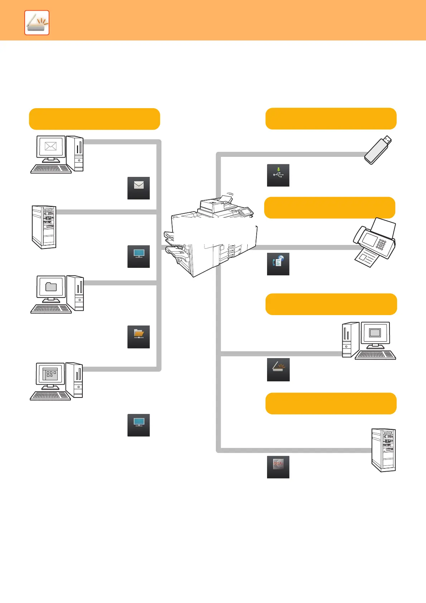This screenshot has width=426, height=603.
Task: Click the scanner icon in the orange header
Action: tap(37, 23)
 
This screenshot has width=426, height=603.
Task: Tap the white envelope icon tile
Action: tap(139, 188)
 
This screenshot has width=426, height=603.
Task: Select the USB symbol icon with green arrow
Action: tap(278, 175)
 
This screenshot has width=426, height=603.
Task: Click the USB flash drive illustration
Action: tap(378, 150)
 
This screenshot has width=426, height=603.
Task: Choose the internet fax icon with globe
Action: tap(278, 264)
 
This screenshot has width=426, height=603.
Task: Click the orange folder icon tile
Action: tap(139, 337)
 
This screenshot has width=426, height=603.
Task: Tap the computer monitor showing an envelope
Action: tap(51, 147)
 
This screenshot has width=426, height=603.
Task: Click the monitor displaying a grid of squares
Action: tap(50, 374)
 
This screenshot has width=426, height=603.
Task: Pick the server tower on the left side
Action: tap(44, 227)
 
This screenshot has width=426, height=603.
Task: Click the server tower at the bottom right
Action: tap(383, 450)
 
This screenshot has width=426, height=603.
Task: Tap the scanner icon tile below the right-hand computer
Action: tap(278, 370)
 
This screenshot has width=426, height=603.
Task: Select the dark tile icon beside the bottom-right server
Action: tap(278, 467)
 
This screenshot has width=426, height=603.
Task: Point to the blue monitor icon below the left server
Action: tap(139, 256)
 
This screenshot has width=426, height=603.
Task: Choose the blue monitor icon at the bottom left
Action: tap(139, 425)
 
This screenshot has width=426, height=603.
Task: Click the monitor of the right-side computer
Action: tap(375, 333)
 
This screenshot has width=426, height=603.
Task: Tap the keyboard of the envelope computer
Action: tap(51, 169)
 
